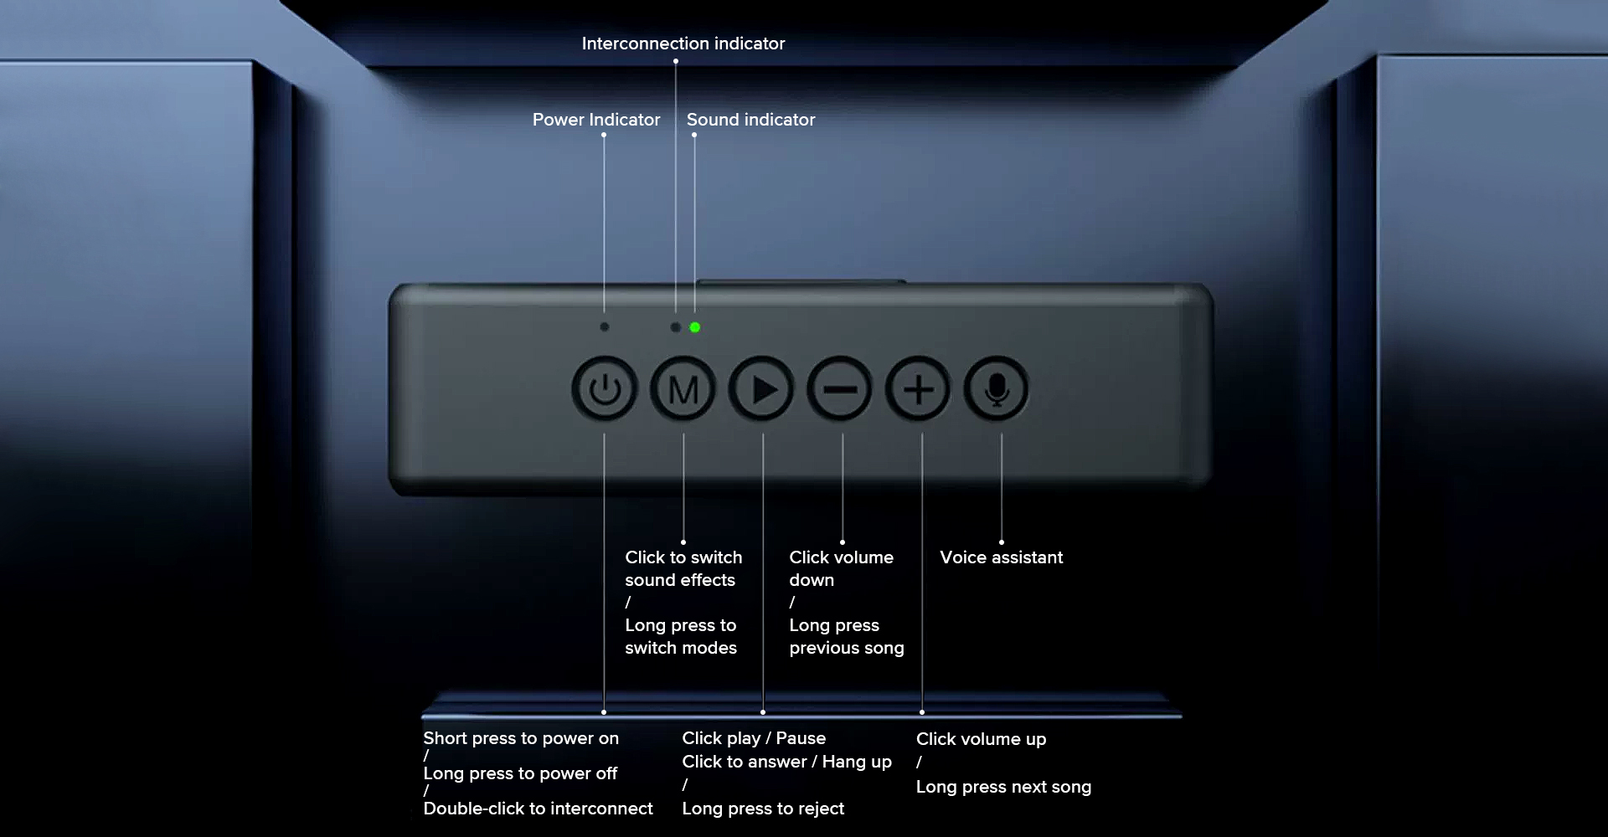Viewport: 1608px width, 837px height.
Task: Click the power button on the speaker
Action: [x=604, y=389]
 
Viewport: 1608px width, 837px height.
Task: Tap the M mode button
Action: [x=683, y=389]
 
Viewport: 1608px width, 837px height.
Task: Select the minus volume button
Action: [x=839, y=389]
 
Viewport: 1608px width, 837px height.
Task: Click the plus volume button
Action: [x=919, y=389]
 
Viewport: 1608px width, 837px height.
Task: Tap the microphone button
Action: [x=997, y=389]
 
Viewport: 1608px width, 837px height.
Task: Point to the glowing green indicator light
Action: [x=694, y=327]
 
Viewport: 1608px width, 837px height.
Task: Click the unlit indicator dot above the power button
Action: [x=605, y=326]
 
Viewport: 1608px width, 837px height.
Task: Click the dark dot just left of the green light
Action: [x=675, y=327]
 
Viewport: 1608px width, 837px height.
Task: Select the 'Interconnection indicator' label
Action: [x=683, y=44]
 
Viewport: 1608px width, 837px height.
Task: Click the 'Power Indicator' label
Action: [x=595, y=120]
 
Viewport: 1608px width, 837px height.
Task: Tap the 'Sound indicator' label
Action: [x=750, y=120]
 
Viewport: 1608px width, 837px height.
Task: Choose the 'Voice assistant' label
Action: [x=1001, y=557]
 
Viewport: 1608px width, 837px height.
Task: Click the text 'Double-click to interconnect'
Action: [x=538, y=809]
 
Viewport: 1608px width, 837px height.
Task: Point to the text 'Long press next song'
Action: [x=1003, y=787]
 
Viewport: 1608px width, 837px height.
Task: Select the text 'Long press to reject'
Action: [x=763, y=809]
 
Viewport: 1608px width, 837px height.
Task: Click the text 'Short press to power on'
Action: [x=521, y=738]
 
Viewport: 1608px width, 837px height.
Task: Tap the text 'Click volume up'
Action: [x=981, y=739]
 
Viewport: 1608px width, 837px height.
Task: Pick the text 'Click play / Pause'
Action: [x=754, y=738]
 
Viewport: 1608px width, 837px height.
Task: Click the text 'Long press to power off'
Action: [x=520, y=773]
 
